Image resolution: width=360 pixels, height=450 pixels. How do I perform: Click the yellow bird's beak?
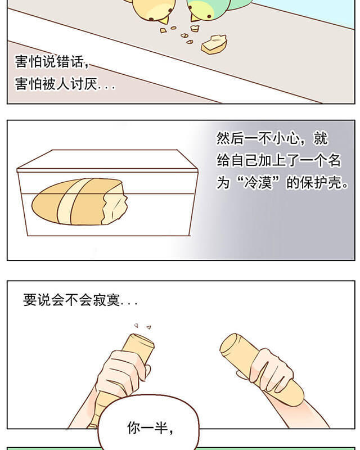pos(165,20)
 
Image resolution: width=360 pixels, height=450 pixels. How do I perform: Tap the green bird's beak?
pos(195,18)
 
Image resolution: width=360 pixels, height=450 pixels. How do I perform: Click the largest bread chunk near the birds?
pos(214,44)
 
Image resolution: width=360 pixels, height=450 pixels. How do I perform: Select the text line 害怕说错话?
pos(49,62)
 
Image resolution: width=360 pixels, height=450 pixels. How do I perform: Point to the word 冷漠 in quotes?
pos(258,182)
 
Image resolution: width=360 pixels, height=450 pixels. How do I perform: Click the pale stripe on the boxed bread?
pos(68,201)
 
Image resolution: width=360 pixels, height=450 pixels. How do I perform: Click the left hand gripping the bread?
pos(122,372)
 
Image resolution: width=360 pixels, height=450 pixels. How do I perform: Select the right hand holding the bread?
pos(269,370)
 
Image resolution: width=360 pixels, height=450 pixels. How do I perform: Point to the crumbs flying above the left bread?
pos(143,326)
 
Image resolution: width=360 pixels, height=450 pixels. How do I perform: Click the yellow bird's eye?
pos(170,10)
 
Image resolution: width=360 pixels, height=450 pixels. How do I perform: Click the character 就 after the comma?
pos(321,138)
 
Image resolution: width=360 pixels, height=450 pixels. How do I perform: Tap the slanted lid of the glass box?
pos(107,159)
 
